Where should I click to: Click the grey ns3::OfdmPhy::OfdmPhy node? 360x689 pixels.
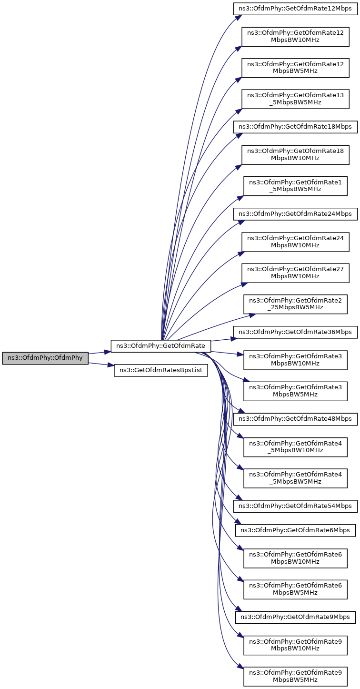point(45,358)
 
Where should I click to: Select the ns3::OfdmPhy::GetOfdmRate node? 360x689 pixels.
point(161,345)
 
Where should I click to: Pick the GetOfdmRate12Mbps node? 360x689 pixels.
point(295,9)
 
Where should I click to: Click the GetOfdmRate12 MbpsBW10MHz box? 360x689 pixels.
point(295,36)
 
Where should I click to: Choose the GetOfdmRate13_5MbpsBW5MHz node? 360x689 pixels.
point(295,99)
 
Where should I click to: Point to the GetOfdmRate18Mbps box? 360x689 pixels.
point(295,127)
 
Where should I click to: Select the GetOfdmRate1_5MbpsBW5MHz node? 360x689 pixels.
point(295,185)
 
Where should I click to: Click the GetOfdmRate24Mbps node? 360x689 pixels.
point(295,214)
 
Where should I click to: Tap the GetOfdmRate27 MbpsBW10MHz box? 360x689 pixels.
point(295,273)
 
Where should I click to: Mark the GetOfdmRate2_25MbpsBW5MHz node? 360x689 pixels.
point(295,304)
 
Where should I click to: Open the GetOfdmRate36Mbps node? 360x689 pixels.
point(295,332)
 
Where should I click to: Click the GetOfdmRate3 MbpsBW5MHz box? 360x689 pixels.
point(295,391)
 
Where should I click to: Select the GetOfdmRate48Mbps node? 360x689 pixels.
point(295,419)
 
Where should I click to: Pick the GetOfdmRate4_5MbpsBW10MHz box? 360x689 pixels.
point(295,446)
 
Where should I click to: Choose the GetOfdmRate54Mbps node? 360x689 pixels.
point(295,506)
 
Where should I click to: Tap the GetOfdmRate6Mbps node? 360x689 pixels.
point(295,530)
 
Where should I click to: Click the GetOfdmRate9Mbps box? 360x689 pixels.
point(295,617)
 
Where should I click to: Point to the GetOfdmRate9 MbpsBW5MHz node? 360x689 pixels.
point(295,676)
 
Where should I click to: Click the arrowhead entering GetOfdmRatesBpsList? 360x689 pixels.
point(111,366)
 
